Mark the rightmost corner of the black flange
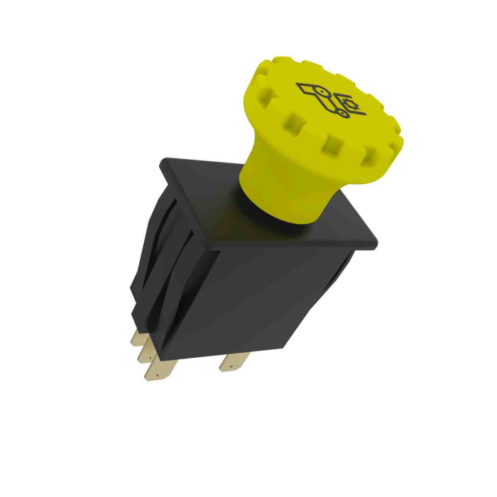pos(376,242)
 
